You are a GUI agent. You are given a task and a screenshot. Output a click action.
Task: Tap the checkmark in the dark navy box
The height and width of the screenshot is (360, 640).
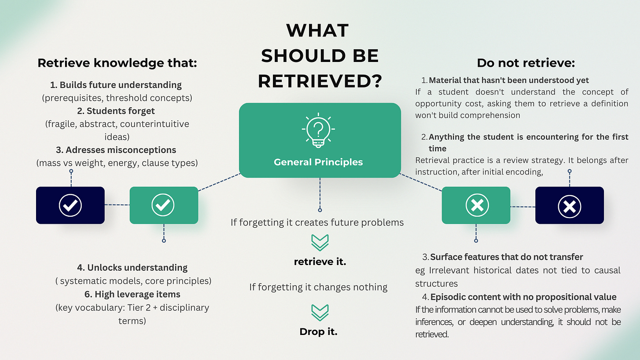70,205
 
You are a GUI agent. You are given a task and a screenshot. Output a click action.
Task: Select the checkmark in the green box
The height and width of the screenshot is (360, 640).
163,205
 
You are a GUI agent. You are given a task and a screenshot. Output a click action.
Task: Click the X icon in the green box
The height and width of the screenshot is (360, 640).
476,205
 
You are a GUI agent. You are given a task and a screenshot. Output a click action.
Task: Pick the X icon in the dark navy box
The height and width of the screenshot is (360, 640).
569,205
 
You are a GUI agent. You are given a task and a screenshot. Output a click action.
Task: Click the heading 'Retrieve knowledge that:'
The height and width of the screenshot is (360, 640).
117,63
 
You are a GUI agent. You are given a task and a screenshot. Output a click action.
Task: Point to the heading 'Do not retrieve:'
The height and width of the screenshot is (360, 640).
526,63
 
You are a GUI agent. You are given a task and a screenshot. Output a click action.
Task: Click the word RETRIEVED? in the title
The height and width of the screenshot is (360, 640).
319,81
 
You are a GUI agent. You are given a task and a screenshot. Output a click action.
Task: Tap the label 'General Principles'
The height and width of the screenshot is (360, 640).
318,162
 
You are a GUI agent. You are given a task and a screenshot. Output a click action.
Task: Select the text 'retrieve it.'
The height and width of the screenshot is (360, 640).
320,262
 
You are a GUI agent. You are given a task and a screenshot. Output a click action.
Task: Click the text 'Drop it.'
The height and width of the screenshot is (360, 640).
318,331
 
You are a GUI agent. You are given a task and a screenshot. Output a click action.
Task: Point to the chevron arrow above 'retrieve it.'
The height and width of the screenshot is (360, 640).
320,242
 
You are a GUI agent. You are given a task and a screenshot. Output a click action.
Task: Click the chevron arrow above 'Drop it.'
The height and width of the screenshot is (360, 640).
320,311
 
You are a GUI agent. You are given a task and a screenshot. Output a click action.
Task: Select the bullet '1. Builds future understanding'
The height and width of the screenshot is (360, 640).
116,85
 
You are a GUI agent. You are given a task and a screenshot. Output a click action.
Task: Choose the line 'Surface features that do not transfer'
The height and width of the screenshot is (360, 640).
506,257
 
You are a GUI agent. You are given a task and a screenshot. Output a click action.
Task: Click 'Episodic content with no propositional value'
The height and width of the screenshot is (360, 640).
523,297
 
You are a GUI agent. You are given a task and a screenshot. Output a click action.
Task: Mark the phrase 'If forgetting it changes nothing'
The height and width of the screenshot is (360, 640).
318,287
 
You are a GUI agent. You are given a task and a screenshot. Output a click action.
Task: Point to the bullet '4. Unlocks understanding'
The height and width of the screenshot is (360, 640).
132,267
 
